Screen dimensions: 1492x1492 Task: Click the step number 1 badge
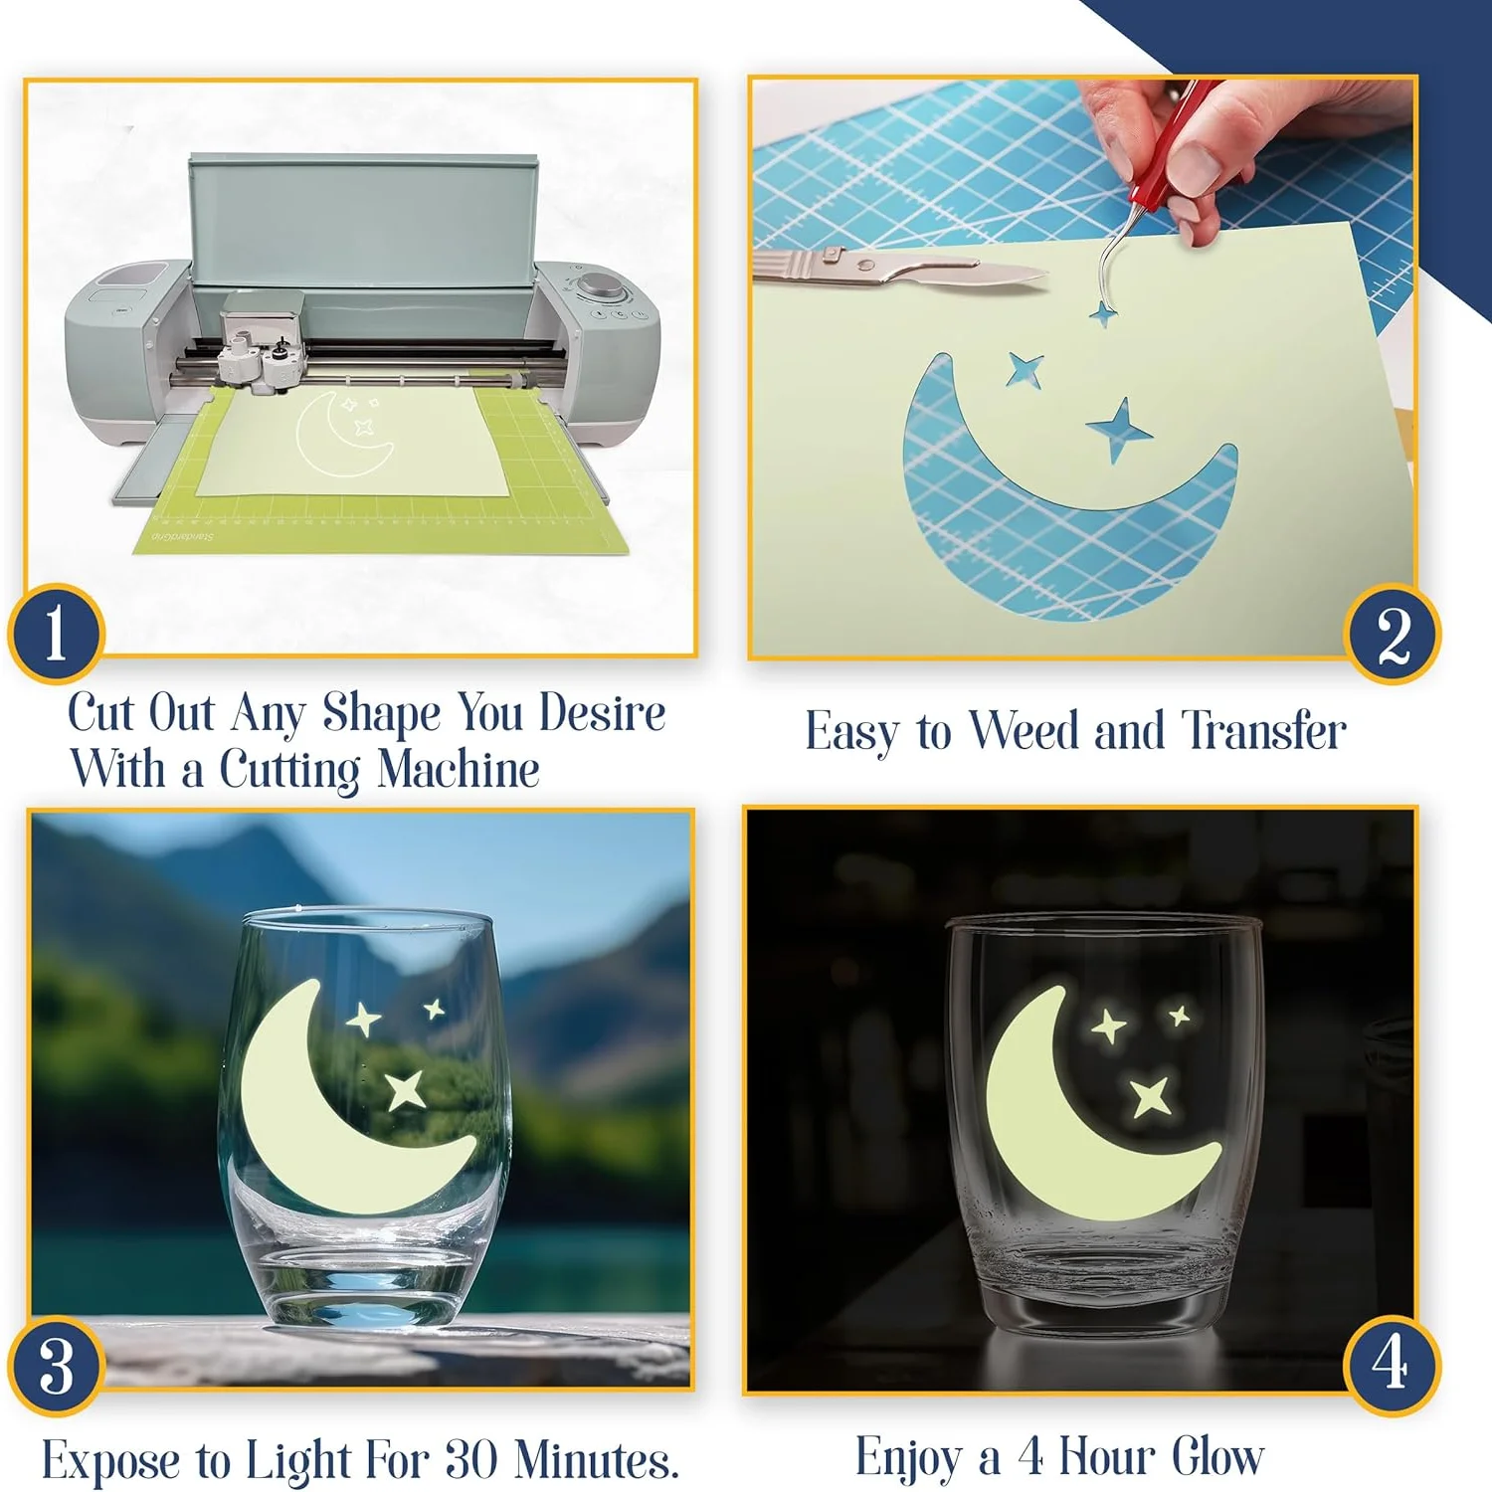click(56, 634)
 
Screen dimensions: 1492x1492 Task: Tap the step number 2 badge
click(1392, 634)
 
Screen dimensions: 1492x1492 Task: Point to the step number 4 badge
click(1391, 1364)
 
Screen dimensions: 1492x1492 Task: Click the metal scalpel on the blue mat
click(895, 268)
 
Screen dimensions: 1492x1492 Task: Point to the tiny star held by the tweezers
click(1102, 315)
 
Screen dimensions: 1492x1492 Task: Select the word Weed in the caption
click(1025, 731)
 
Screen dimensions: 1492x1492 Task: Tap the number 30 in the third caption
click(470, 1459)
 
